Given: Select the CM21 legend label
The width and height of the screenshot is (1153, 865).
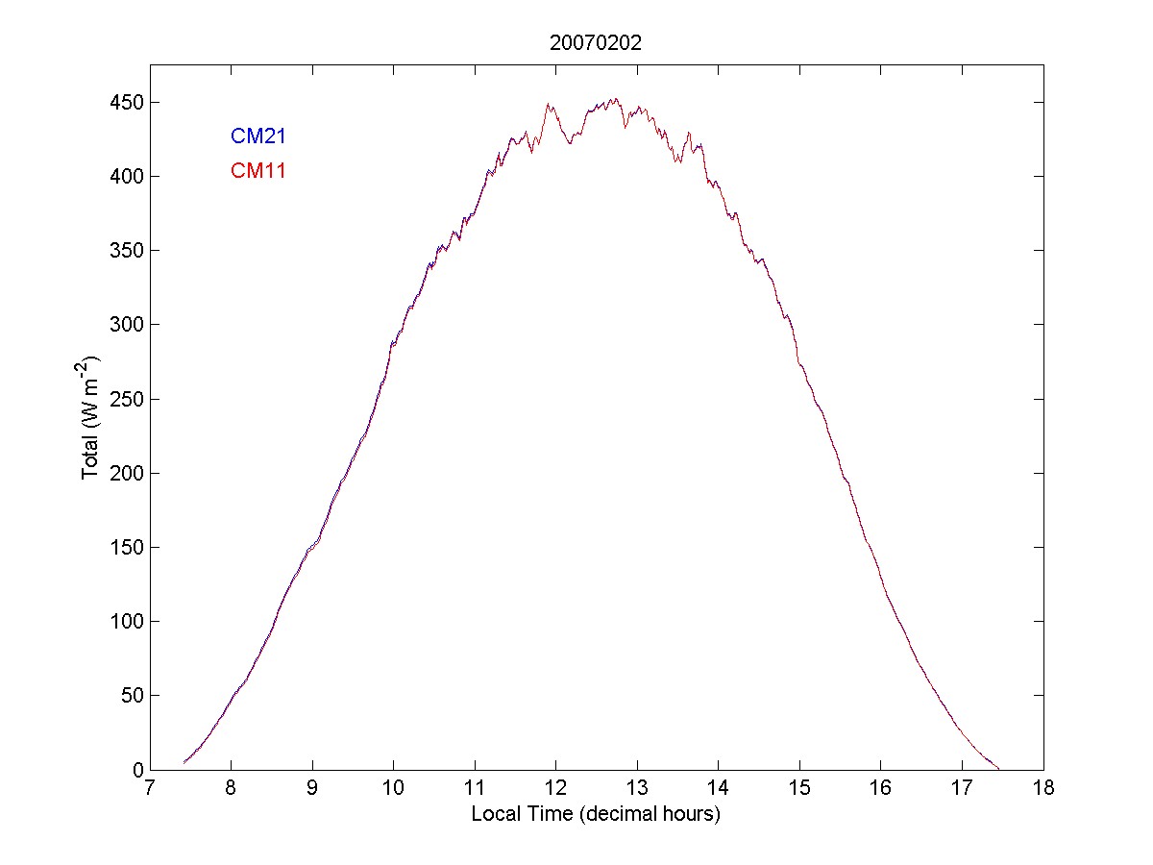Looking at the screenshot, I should (258, 136).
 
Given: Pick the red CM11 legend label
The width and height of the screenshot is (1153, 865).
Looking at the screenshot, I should (258, 172).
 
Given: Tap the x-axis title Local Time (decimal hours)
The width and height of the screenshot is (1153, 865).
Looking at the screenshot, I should (596, 814).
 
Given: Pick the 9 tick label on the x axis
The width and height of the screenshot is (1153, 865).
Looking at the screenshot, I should (312, 789).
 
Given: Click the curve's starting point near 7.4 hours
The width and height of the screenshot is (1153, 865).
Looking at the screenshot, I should (184, 763).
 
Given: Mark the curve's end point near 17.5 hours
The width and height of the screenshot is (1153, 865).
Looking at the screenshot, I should (998, 769).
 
